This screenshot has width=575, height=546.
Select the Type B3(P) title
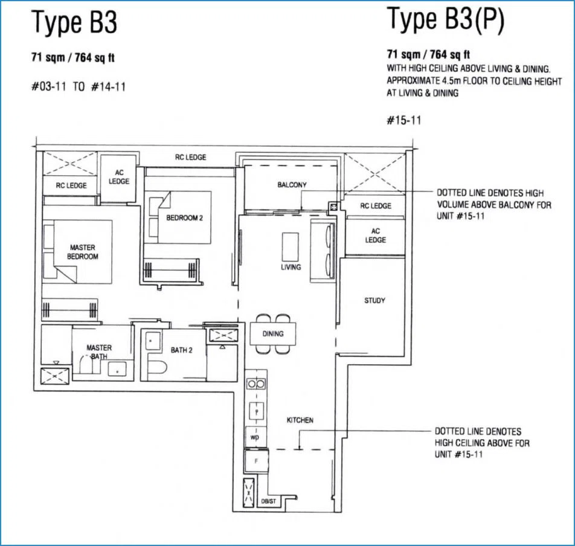446,19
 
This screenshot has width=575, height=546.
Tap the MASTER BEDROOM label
83,252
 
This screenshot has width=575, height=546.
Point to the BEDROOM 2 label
184,218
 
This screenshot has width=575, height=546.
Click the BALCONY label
292,185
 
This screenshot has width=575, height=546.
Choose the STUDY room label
374,300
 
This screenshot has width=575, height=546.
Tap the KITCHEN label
300,420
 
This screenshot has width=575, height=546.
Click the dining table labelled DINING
273,333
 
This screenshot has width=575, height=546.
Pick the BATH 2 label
182,350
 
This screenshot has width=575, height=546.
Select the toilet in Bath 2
157,367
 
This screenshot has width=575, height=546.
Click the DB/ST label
268,501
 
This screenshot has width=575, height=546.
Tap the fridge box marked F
256,461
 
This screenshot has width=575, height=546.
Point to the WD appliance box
255,437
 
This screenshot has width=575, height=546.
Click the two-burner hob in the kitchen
256,384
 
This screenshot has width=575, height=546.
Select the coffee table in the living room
290,247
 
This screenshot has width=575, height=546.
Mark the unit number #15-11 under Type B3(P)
403,120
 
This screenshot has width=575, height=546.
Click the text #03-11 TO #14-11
79,86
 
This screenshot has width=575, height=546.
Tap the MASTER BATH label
99,352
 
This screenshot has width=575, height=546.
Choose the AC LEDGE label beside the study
376,236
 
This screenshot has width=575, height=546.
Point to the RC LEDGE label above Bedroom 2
191,157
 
